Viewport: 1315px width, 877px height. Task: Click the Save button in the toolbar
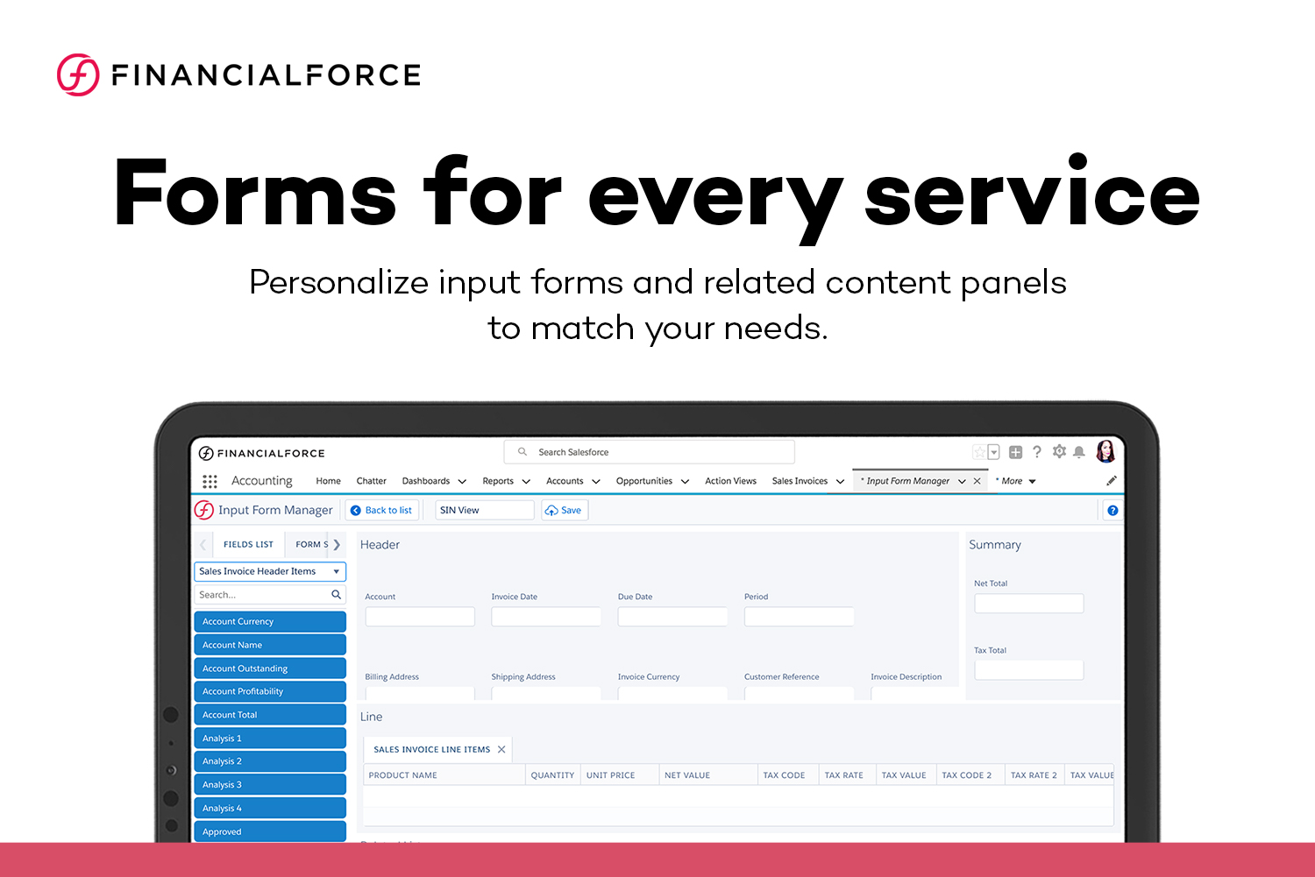point(564,510)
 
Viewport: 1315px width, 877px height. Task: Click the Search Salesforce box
point(649,452)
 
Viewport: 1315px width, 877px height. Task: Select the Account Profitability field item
point(269,691)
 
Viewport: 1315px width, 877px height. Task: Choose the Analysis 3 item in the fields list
point(269,785)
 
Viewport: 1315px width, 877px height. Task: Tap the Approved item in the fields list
point(269,831)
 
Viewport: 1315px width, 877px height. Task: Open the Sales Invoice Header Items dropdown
point(269,571)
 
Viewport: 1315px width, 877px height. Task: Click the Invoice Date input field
point(545,617)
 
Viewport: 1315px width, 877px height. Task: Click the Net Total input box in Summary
point(1028,604)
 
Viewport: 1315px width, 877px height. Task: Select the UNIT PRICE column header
point(611,775)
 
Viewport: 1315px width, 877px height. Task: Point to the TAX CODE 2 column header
point(966,775)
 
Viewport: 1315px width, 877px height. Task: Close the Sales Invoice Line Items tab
point(501,749)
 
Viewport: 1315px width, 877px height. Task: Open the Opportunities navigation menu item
point(644,481)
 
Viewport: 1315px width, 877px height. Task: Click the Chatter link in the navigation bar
point(371,481)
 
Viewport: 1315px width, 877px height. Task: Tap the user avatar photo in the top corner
point(1105,451)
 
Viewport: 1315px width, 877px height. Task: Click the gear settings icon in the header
point(1059,451)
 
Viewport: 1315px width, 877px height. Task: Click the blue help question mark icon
point(1112,511)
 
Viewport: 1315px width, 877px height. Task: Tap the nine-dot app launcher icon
point(210,481)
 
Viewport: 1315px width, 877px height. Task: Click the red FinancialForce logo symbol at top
point(78,74)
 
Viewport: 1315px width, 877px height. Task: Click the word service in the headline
point(1032,194)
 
